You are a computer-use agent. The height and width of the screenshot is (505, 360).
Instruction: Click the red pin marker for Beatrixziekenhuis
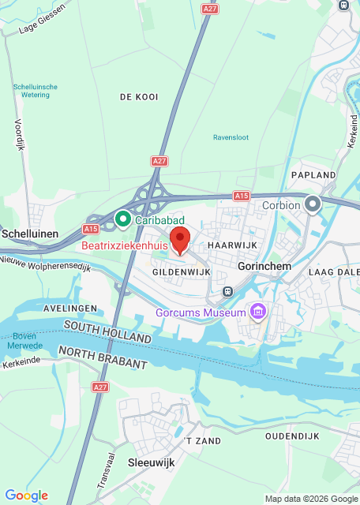coord(180,238)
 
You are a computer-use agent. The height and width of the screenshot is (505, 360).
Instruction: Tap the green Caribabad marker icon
coord(123,218)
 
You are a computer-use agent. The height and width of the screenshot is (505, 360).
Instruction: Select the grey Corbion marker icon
coord(313,205)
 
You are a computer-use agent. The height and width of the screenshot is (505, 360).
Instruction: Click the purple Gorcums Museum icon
coord(257,313)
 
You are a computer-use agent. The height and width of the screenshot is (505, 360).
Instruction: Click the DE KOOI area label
coord(139,97)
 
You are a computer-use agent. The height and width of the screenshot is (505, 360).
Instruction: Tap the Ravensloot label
coord(231,137)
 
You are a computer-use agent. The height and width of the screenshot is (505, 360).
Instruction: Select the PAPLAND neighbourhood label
coord(313,175)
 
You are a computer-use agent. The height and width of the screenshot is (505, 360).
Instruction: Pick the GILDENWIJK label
coord(180,271)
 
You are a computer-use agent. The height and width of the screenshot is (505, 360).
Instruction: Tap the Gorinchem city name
coord(264,267)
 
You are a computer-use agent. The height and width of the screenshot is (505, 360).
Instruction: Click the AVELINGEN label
coord(70,308)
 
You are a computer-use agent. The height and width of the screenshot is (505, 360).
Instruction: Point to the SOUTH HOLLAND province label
coord(107,331)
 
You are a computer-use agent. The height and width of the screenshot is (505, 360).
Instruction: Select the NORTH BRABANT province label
coord(103,357)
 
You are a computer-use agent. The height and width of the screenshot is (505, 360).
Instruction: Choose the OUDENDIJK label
coord(291,436)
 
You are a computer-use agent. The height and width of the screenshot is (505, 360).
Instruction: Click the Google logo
coord(26,495)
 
